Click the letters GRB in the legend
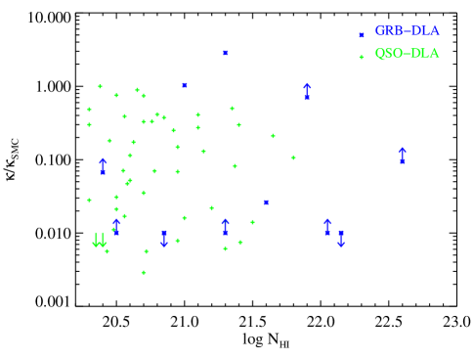pyautogui.click(x=387, y=31)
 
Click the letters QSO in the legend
pyautogui.click(x=388, y=54)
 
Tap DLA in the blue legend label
pyautogui.click(x=424, y=31)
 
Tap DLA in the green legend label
pyautogui.click(x=424, y=54)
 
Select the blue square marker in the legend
pyautogui.click(x=362, y=35)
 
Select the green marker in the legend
pyautogui.click(x=362, y=57)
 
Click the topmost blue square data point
pyautogui.click(x=225, y=53)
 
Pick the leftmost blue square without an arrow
pyautogui.click(x=184, y=85)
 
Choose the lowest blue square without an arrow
pyautogui.click(x=266, y=202)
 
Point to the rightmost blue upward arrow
pyautogui.click(x=402, y=156)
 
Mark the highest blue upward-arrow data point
pyautogui.click(x=307, y=92)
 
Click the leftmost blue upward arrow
pyautogui.click(x=103, y=166)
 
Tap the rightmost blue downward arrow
pyautogui.click(x=340, y=238)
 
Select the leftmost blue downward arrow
pyautogui.click(x=164, y=238)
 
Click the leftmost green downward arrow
pyautogui.click(x=96, y=240)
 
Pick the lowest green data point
pyautogui.click(x=144, y=272)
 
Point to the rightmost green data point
pyautogui.click(x=293, y=157)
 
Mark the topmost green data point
pyautogui.click(x=100, y=86)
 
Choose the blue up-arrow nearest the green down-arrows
pyautogui.click(x=115, y=227)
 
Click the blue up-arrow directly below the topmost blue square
pyautogui.click(x=225, y=227)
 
